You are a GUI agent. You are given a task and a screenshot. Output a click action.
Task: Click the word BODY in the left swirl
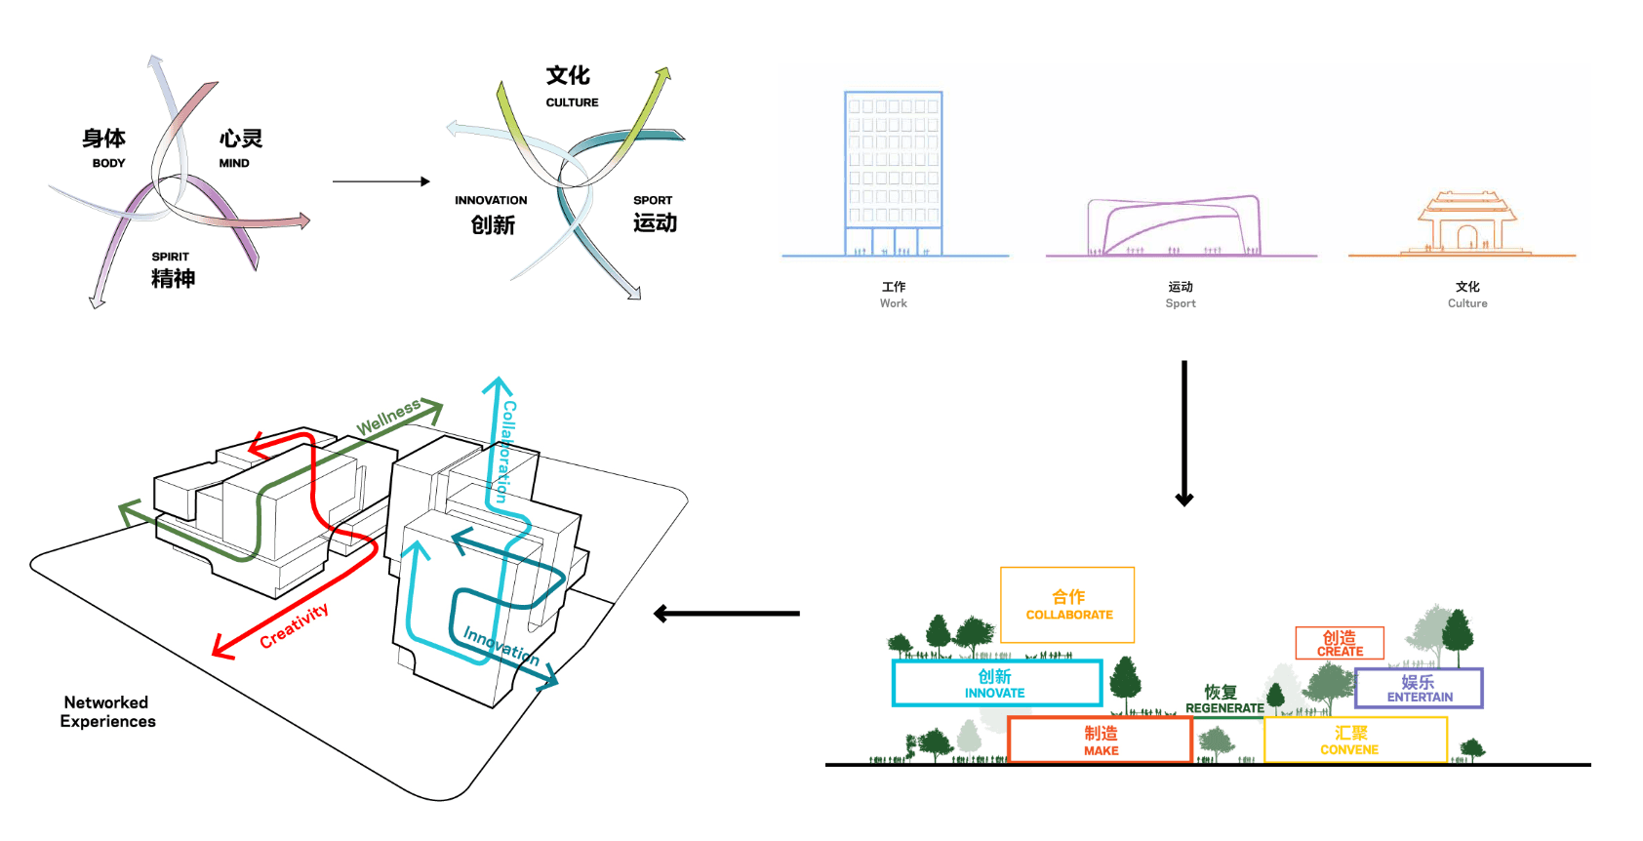108,163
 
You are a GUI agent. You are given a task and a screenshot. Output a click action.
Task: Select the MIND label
234,163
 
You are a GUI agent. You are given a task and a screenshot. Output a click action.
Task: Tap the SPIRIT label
170,257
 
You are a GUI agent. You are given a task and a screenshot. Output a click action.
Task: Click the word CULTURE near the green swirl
572,102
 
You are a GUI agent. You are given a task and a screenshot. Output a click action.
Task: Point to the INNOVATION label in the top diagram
491,200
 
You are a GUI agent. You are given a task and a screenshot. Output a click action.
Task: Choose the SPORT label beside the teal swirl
653,200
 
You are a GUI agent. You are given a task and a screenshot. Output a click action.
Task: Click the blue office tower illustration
893,174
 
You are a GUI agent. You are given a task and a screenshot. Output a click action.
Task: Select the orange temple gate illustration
1466,224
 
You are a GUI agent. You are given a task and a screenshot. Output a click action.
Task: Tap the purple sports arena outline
1181,226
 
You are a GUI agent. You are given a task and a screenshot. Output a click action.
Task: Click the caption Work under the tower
893,303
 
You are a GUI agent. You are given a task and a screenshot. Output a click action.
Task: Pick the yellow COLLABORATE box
1067,605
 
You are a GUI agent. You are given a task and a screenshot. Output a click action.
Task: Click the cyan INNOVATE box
996,683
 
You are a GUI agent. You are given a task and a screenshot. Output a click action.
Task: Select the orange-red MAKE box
1101,740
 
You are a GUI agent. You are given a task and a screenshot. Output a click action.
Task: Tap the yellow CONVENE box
1354,740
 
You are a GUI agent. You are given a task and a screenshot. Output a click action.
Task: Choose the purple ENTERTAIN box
1419,688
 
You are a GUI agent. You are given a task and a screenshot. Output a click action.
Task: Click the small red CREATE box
1340,643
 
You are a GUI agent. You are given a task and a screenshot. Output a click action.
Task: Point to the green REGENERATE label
1224,708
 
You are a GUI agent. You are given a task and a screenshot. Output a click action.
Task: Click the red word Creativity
294,625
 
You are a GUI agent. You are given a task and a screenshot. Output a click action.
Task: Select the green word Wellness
387,417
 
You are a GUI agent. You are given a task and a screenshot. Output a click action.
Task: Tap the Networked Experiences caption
107,711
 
